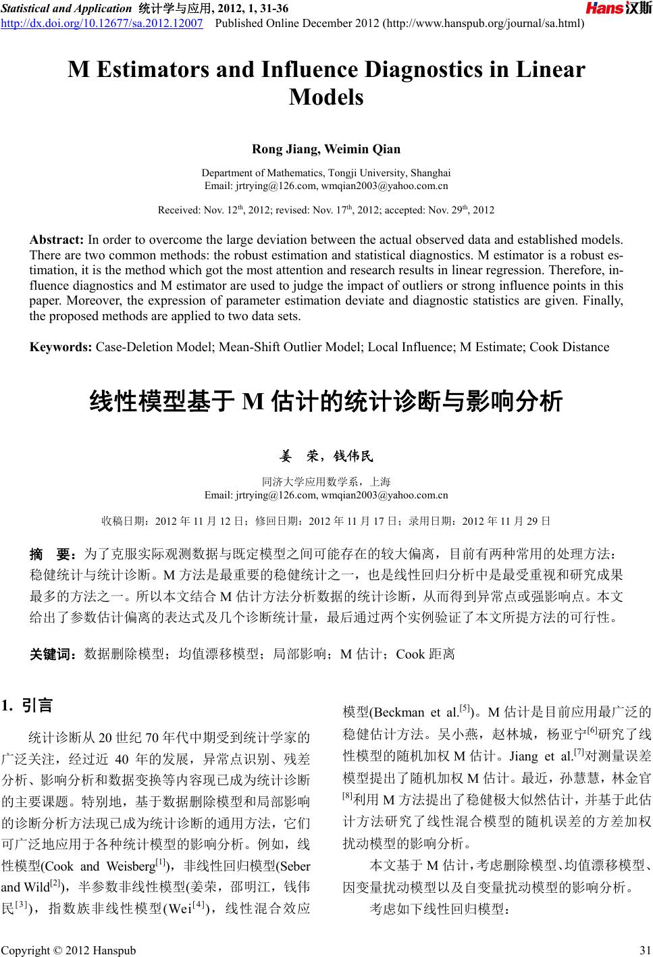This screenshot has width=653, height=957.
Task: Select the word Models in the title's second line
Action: click(326, 97)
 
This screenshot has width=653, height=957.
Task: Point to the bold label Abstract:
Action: click(57, 240)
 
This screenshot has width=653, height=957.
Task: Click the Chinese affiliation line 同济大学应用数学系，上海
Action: click(326, 482)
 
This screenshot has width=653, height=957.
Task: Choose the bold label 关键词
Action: click(55, 654)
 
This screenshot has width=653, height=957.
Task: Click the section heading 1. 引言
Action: click(27, 706)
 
